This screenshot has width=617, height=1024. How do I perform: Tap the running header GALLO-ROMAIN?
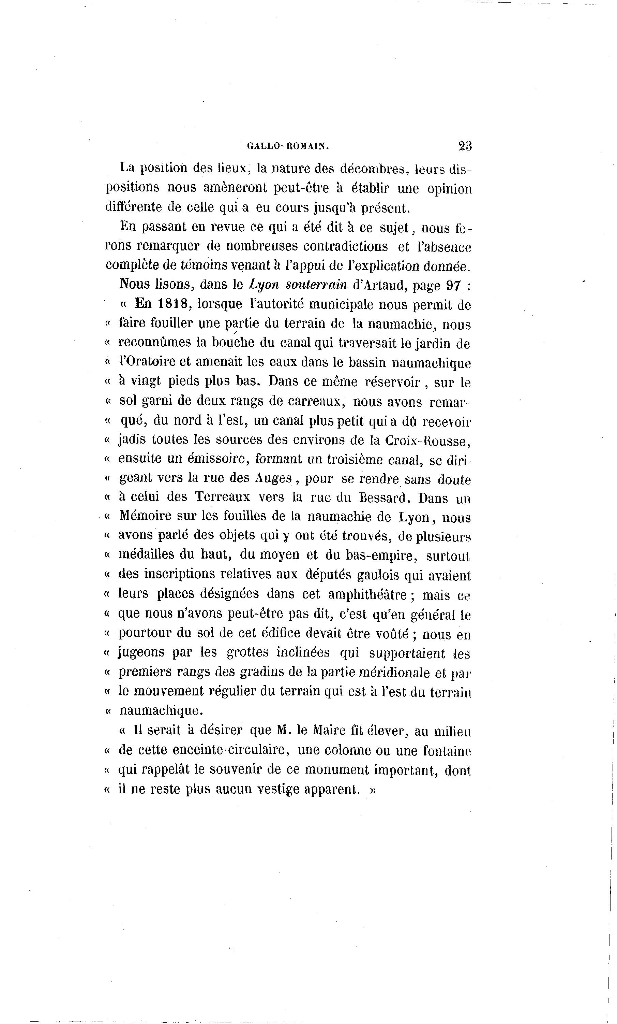point(288,146)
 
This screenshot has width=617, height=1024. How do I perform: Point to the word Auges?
point(273,478)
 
